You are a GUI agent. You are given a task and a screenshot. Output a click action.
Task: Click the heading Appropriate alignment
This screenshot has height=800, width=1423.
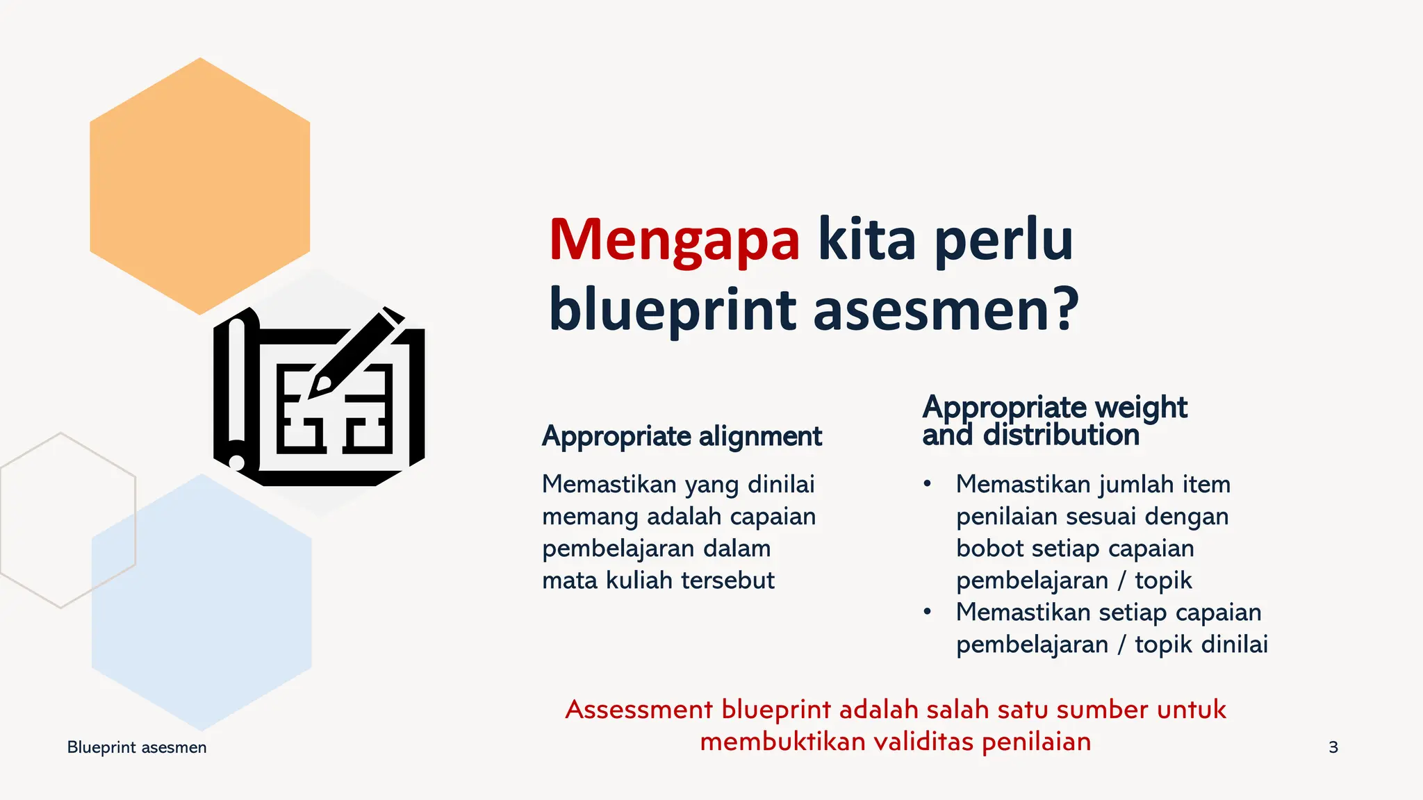(682, 437)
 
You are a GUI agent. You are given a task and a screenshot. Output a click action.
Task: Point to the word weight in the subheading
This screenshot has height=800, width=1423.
(1140, 407)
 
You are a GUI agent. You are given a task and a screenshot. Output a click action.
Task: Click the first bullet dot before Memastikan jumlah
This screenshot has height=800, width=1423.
(927, 484)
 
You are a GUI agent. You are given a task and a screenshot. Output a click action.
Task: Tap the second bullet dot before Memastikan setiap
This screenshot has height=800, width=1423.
(927, 612)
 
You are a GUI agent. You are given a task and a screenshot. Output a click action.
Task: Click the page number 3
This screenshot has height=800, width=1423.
(1333, 747)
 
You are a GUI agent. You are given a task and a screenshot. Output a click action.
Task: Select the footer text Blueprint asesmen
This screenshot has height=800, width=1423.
(137, 747)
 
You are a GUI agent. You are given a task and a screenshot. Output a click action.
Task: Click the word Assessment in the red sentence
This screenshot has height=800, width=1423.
(639, 710)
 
